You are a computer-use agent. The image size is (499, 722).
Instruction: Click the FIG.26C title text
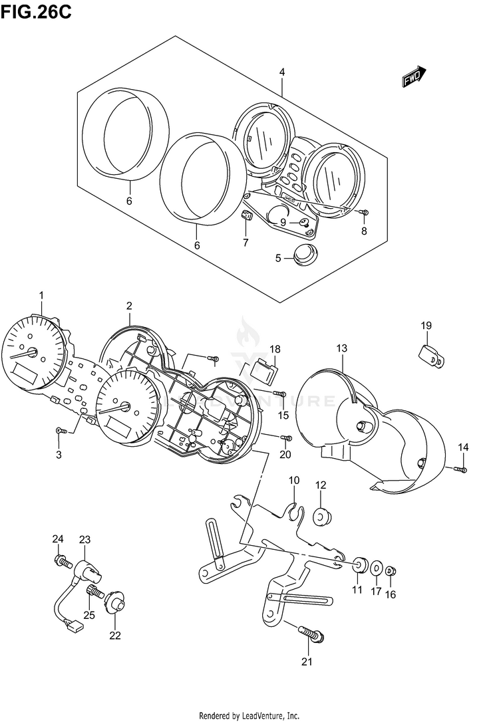[x=36, y=11]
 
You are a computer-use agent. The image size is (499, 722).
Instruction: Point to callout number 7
[x=245, y=243]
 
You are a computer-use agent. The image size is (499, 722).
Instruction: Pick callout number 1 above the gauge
[x=41, y=295]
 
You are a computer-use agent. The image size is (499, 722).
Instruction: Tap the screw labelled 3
[x=59, y=431]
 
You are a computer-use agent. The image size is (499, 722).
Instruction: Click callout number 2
[x=129, y=306]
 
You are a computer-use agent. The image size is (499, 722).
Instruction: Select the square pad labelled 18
[x=266, y=370]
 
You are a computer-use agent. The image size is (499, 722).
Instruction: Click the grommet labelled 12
[x=321, y=515]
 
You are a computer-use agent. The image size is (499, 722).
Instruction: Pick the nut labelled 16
[x=391, y=570]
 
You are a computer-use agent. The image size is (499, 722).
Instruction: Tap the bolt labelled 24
[x=63, y=562]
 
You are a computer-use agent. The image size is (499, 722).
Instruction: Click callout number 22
[x=114, y=635]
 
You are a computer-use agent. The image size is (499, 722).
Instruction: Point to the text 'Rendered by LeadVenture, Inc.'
[x=249, y=715]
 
